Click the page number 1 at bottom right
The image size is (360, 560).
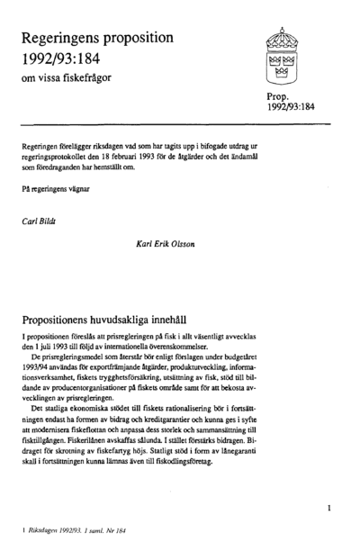[x=329, y=509]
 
